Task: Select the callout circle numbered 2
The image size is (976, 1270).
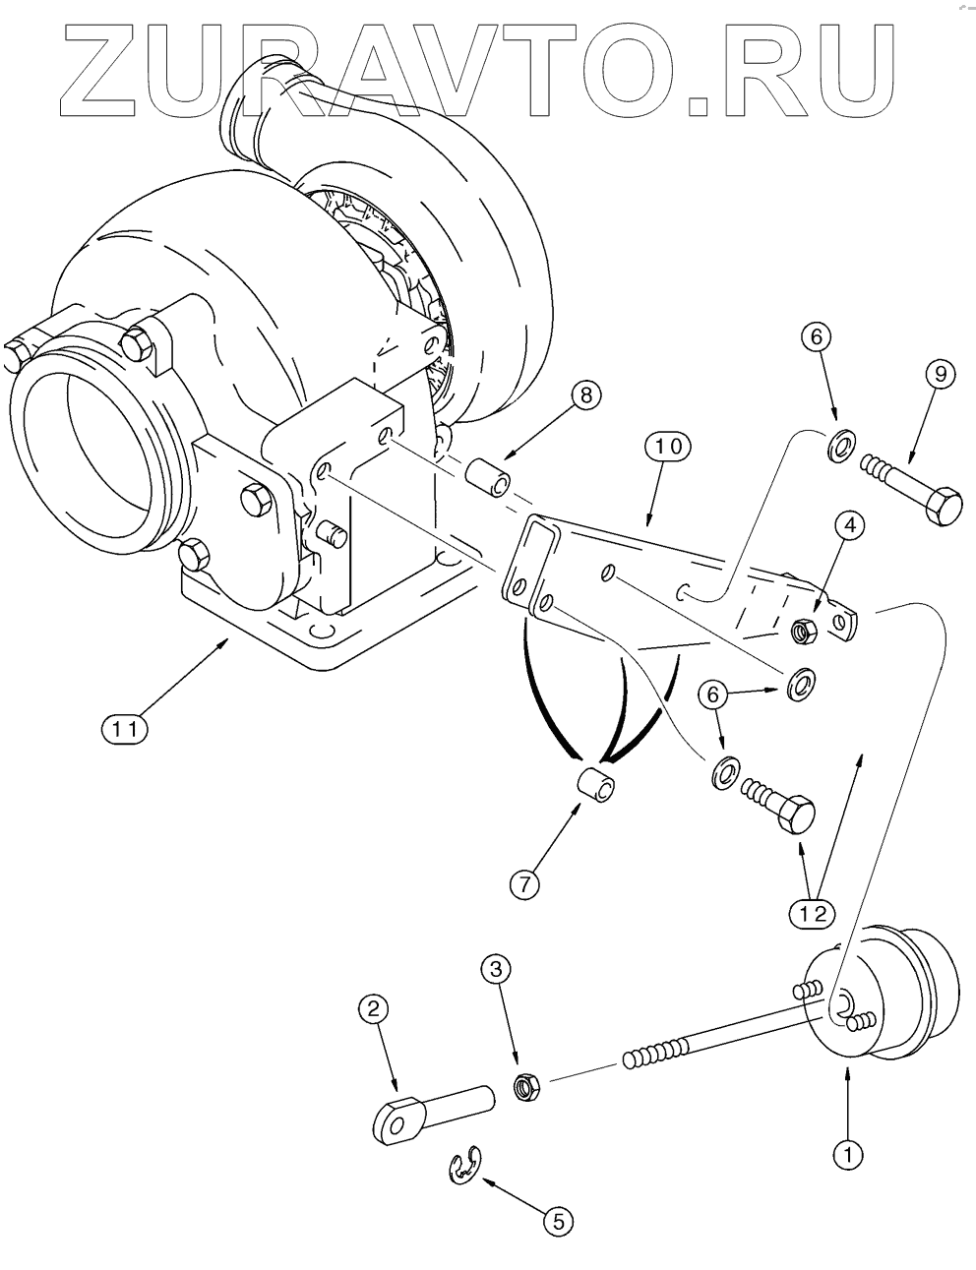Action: pos(373,1007)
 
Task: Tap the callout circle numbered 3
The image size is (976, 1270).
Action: pos(497,968)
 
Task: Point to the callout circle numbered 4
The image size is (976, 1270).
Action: pos(850,526)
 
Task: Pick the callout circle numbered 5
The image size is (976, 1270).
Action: pos(557,1221)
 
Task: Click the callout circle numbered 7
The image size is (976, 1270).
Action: pos(523,882)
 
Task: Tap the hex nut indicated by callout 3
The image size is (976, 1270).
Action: pos(525,1087)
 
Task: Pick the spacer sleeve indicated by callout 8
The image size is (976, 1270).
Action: pos(487,477)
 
